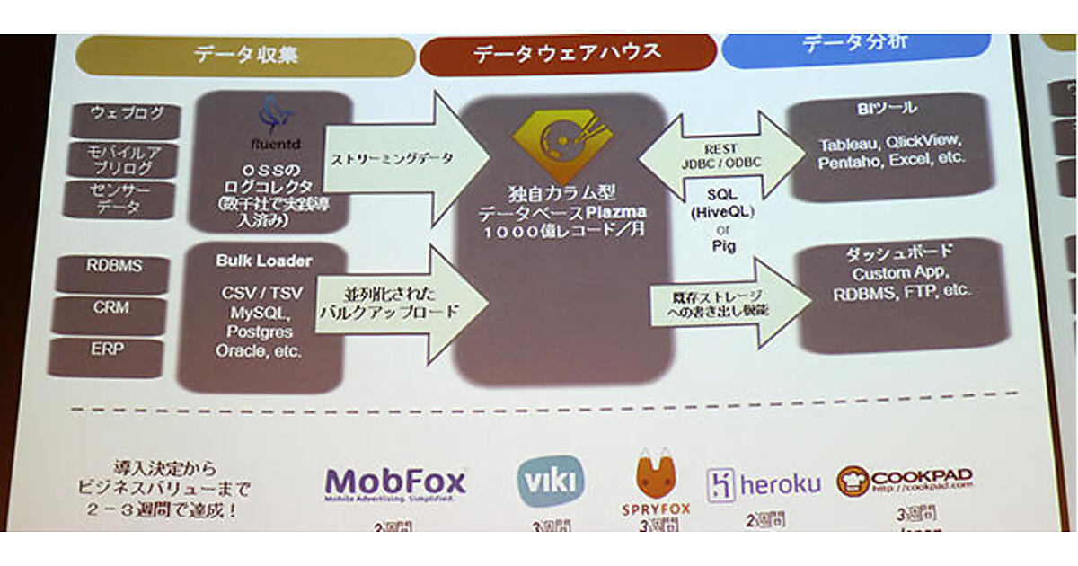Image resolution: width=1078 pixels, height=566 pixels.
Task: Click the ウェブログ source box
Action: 127,115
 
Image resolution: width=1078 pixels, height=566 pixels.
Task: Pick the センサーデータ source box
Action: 119,199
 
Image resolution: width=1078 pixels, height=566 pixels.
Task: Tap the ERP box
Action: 107,349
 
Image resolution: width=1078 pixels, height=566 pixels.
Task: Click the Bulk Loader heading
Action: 263,261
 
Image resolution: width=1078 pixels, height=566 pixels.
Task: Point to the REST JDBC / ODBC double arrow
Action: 721,152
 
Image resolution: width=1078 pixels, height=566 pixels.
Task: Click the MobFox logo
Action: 394,482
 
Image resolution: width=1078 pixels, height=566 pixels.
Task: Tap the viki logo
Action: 550,480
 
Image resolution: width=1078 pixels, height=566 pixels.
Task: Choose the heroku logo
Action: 763,484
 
